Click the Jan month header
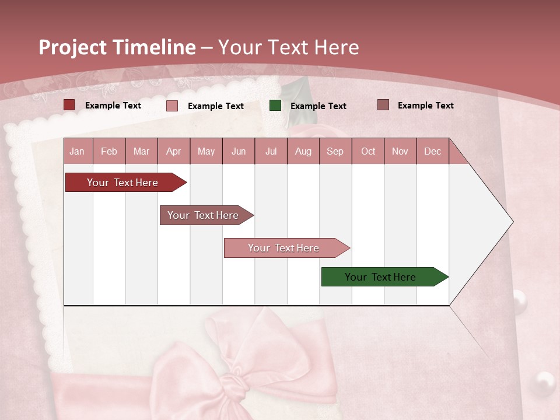(77, 151)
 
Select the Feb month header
(109, 151)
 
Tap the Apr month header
(174, 151)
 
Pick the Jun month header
(239, 151)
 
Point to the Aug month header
(303, 151)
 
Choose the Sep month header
(335, 151)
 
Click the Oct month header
(368, 151)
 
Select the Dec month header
(433, 151)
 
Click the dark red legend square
(69, 105)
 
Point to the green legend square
(275, 106)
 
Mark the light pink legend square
(172, 106)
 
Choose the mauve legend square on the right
(383, 105)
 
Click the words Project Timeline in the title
(117, 47)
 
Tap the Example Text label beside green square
(318, 106)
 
